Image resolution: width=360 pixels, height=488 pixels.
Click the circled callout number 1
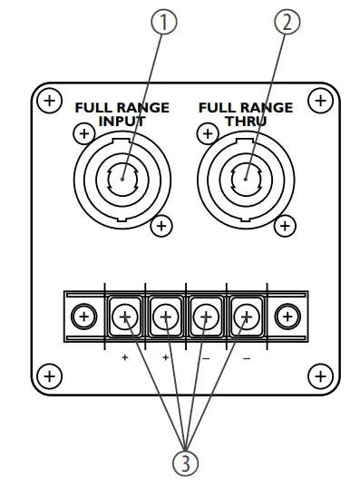point(163,23)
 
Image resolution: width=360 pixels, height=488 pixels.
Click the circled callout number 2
point(287,23)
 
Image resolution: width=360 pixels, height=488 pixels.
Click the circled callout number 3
point(184,463)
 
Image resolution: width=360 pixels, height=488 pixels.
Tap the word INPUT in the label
point(122,120)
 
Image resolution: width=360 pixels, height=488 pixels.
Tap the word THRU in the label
point(246,120)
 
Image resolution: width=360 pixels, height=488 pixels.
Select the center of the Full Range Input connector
point(122,176)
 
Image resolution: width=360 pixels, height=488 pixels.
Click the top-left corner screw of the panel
point(51,99)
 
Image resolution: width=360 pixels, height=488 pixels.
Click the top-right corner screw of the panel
point(319,99)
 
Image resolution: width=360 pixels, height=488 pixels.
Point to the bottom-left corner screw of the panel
point(51,374)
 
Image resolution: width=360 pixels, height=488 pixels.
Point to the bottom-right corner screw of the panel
point(319,374)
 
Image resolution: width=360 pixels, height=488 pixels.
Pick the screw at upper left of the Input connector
point(83,134)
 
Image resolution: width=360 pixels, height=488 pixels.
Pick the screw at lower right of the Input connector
point(161,225)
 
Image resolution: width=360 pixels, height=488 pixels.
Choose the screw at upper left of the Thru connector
point(208,134)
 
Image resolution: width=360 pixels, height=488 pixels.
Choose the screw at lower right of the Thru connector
point(286,225)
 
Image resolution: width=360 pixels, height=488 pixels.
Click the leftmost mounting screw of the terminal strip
point(83,317)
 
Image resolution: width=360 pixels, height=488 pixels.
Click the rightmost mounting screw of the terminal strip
point(287,317)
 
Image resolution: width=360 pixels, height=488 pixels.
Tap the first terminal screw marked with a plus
point(125,317)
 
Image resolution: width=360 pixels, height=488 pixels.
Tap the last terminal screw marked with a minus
point(246,317)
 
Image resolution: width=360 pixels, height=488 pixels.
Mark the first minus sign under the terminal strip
point(206,357)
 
